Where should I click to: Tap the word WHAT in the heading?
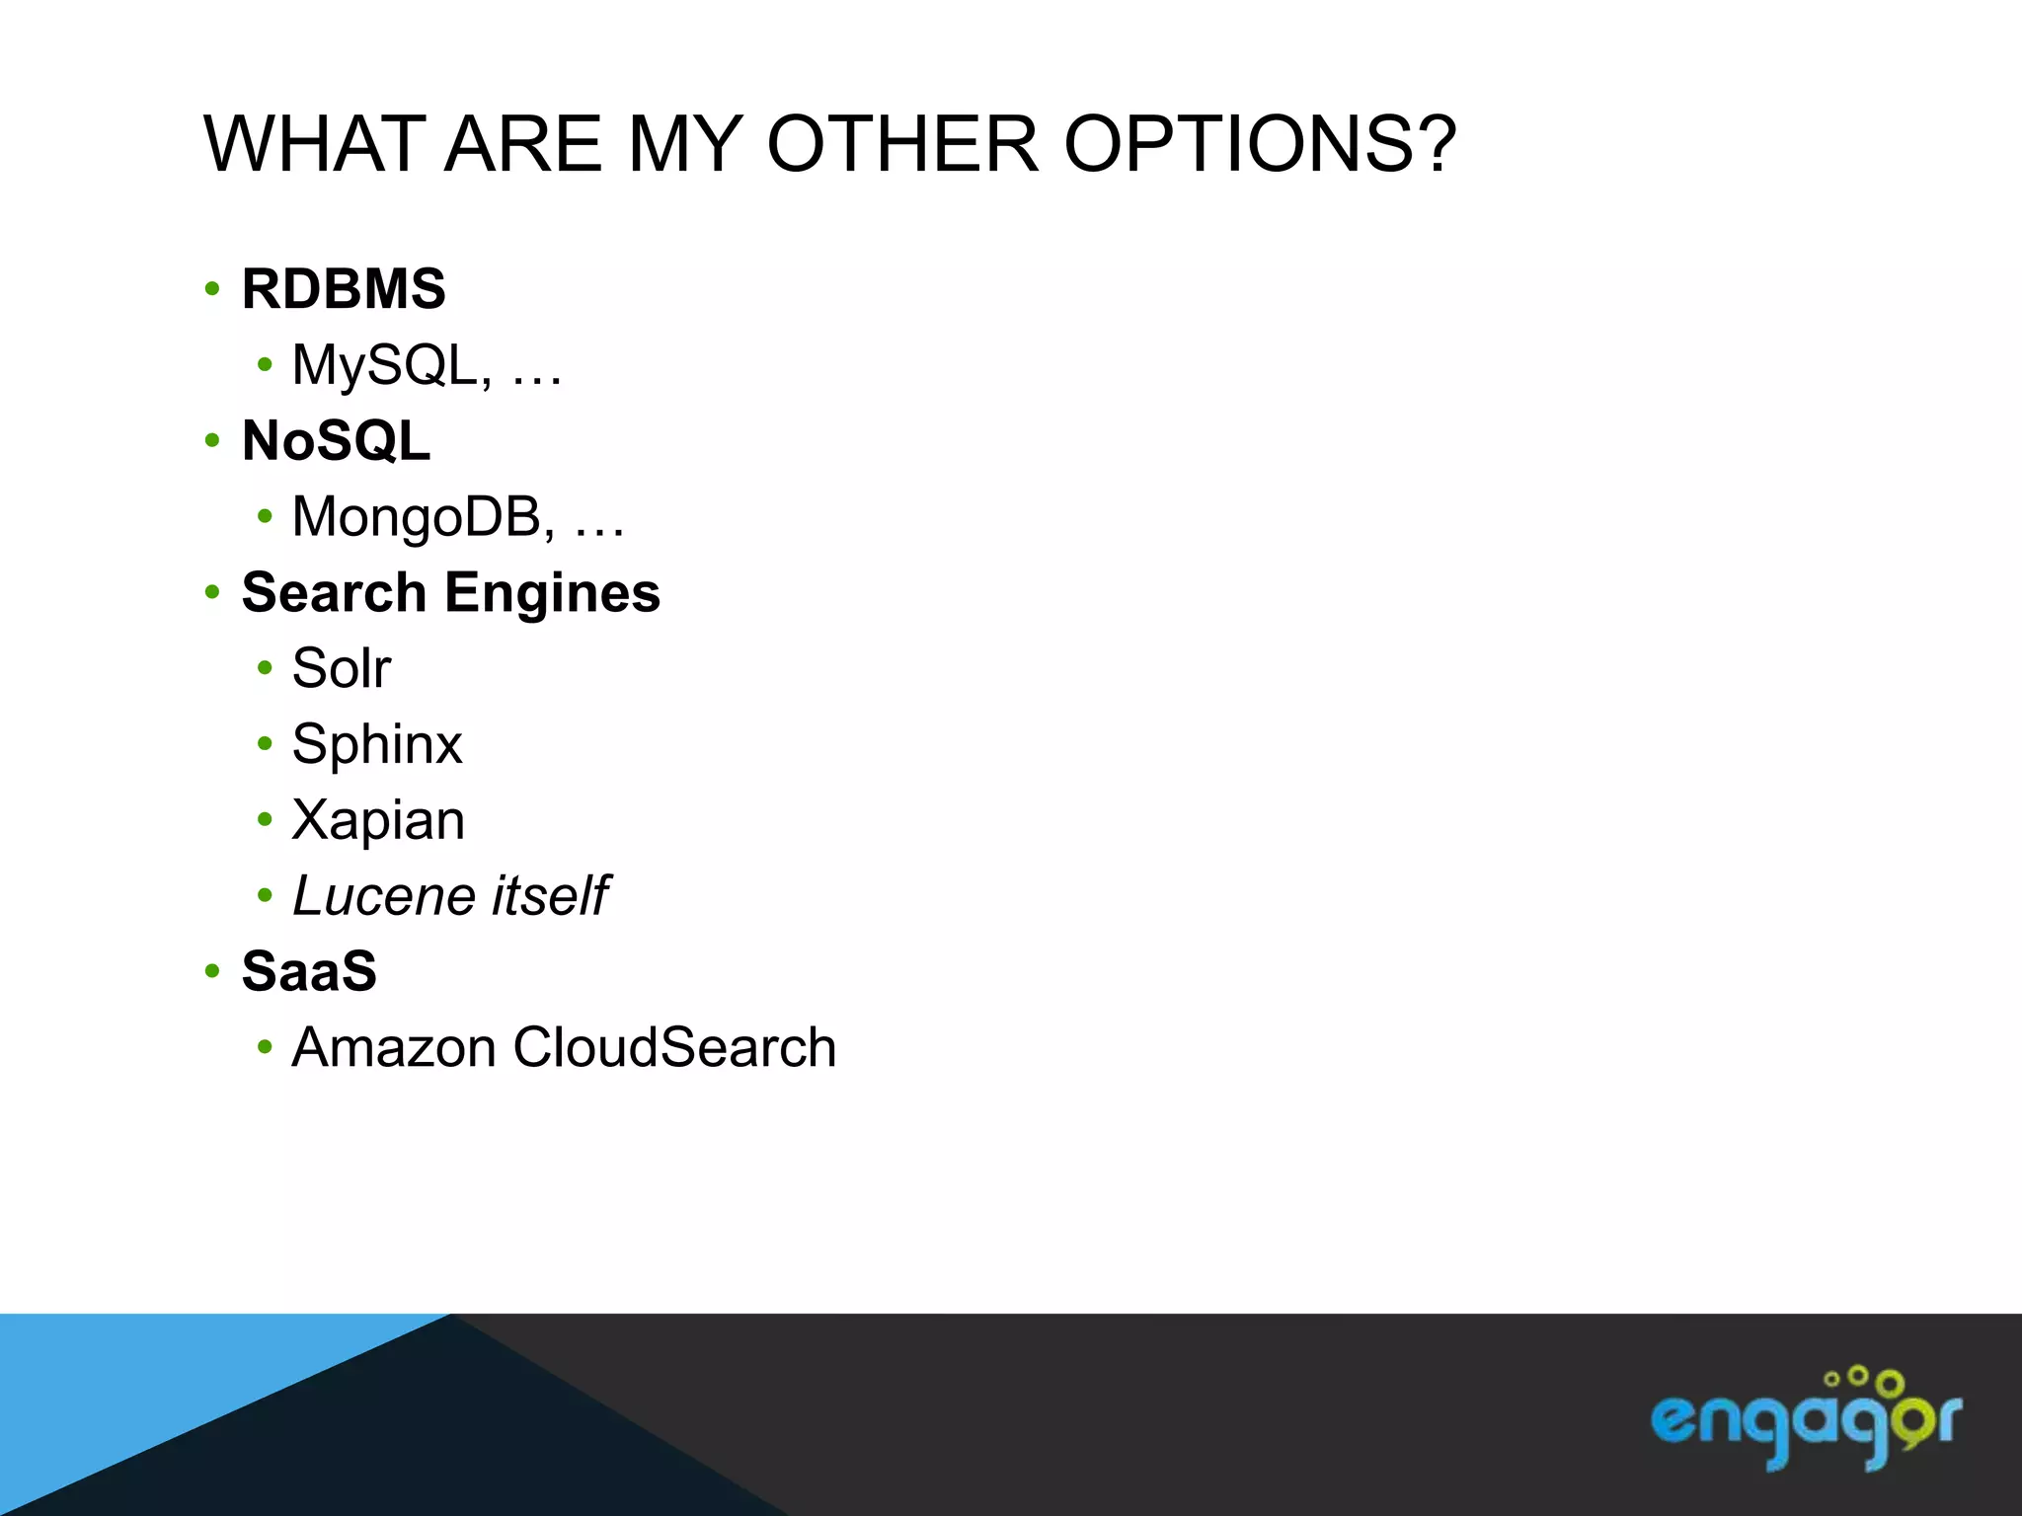[x=314, y=145]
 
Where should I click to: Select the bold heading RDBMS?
[x=344, y=289]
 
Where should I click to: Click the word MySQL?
[x=384, y=365]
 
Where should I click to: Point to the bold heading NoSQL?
[x=336, y=440]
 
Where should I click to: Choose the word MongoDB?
[x=417, y=517]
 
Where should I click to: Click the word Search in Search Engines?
[x=334, y=592]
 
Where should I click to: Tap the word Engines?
[x=552, y=594]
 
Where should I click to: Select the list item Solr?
[x=342, y=668]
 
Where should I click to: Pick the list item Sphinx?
[x=377, y=745]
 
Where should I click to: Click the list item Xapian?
[x=378, y=820]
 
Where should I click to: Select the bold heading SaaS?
[x=309, y=971]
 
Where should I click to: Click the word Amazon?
[x=394, y=1047]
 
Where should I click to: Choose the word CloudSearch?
[x=674, y=1047]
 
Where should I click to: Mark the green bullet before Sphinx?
[x=264, y=743]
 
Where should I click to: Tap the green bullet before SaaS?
[x=212, y=971]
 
